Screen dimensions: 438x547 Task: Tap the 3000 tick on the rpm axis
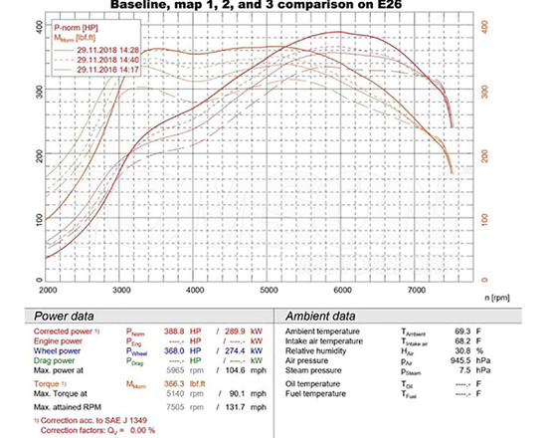[121, 290]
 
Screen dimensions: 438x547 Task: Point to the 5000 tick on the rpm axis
[270, 290]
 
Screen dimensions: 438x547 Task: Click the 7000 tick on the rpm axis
[417, 290]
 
